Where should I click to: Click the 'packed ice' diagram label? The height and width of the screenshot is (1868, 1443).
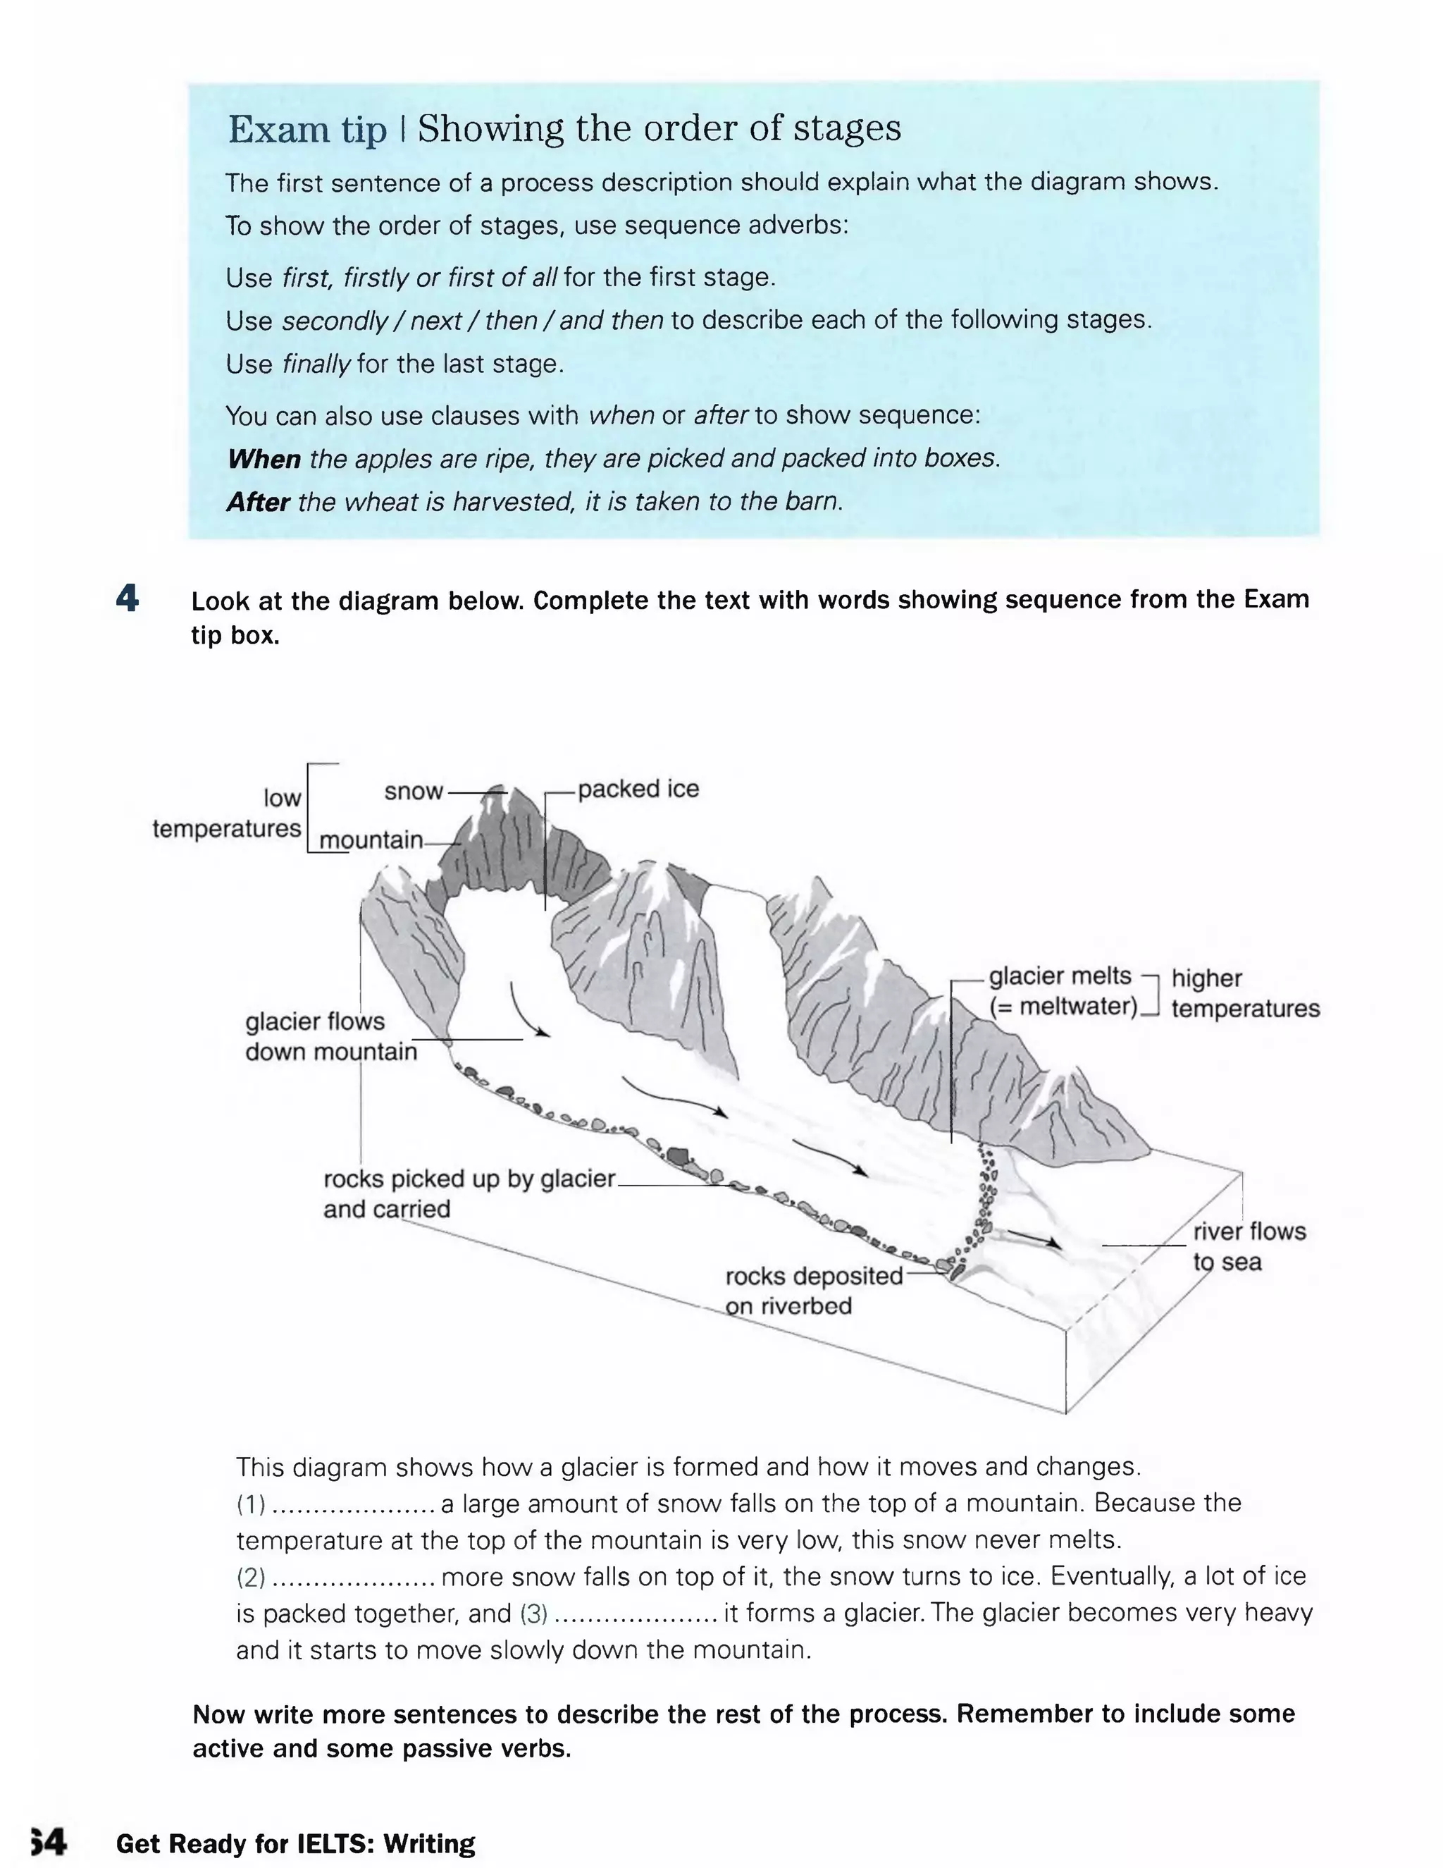point(638,789)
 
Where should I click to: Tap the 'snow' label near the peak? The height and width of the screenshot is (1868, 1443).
point(414,791)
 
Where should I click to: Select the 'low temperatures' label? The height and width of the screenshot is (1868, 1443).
point(228,813)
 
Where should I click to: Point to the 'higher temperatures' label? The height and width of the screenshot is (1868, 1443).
point(1245,993)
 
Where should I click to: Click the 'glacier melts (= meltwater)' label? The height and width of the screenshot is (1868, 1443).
point(1063,991)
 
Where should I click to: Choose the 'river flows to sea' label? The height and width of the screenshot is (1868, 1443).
point(1249,1246)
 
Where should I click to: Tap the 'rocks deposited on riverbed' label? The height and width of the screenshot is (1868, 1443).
point(813,1291)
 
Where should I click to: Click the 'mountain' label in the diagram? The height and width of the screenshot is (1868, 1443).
point(371,840)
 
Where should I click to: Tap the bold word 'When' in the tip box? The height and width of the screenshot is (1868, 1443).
point(264,460)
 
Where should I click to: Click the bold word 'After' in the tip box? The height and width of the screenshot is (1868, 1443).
point(258,502)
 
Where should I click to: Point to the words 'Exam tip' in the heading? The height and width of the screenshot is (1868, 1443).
point(307,130)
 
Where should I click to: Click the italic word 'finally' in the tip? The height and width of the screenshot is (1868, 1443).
point(316,364)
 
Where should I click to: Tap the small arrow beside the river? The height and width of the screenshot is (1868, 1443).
point(1035,1238)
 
